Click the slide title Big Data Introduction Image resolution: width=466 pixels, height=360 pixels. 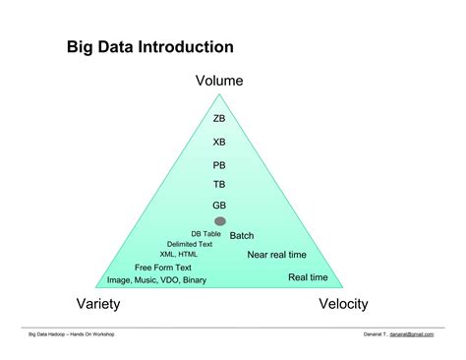tap(149, 46)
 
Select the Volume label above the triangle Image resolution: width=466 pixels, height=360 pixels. tap(219, 81)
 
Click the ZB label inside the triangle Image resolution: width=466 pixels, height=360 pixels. tap(219, 118)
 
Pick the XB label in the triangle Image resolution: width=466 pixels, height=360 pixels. tap(219, 142)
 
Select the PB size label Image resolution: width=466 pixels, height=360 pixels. tap(219, 165)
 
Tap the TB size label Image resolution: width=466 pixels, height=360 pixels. tap(219, 184)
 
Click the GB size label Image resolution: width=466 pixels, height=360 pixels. tap(219, 205)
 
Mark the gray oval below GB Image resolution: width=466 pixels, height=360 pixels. tap(220, 221)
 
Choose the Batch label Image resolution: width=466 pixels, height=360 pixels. tap(242, 235)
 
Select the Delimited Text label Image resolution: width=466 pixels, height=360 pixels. tap(190, 244)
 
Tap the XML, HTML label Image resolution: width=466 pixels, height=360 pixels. tap(181, 254)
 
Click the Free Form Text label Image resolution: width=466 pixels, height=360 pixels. tap(163, 268)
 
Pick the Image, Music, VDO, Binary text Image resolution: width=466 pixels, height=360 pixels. tap(156, 279)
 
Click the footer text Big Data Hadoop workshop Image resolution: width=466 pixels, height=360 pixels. tap(72, 334)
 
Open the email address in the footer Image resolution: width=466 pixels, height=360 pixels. tap(411, 334)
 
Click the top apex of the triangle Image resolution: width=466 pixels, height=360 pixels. tap(220, 95)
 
